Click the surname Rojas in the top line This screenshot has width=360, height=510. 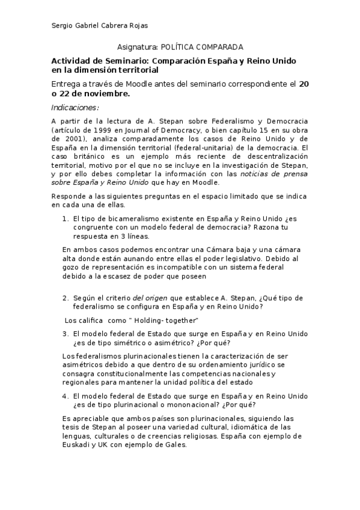pyautogui.click(x=138, y=25)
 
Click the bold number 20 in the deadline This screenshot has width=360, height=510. pyautogui.click(x=304, y=84)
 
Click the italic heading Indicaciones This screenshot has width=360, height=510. pyautogui.click(x=75, y=108)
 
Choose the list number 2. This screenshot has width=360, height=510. pyautogui.click(x=65, y=298)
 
